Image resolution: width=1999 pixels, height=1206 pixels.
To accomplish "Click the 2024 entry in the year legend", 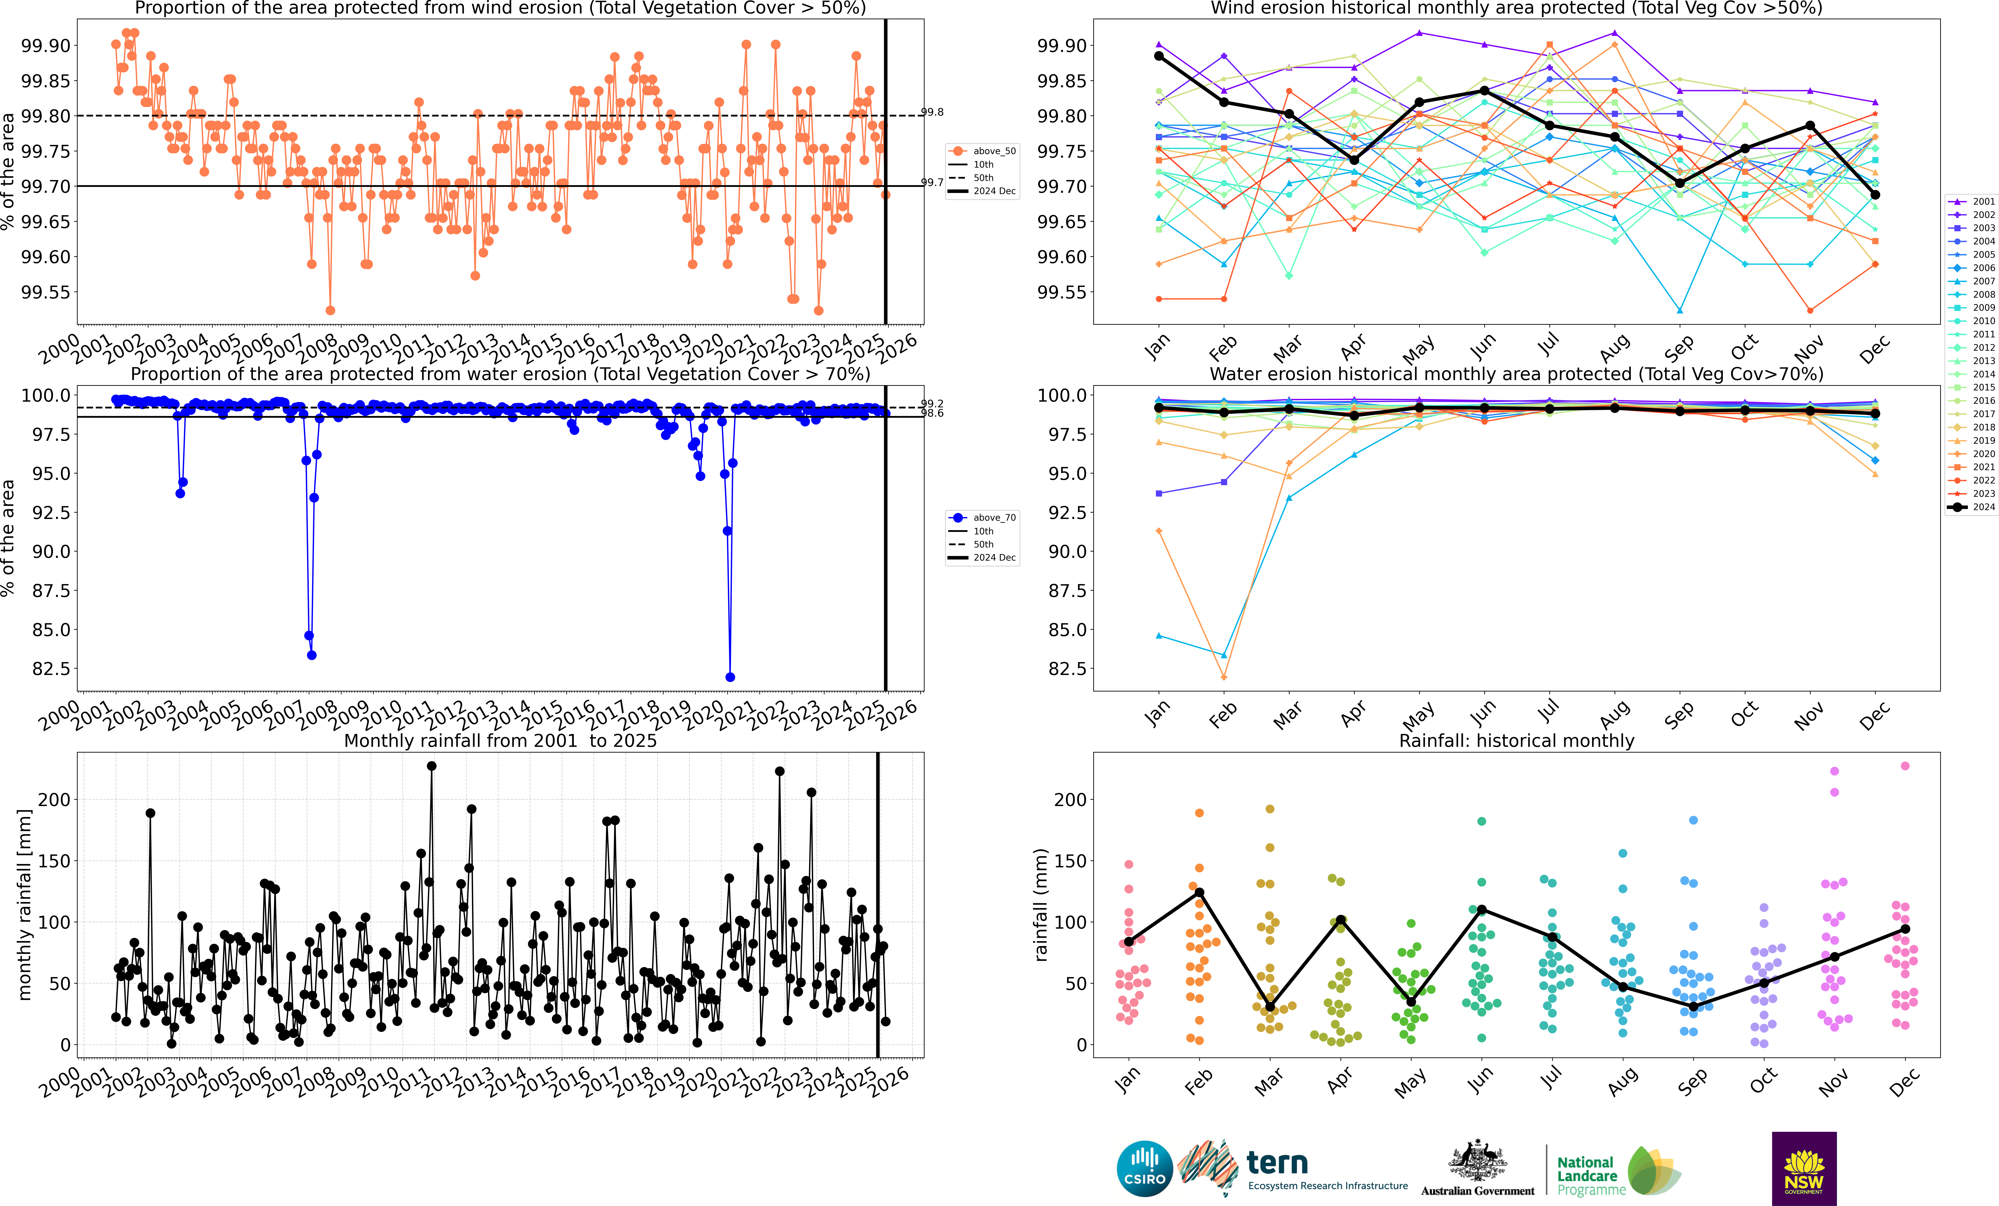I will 1976,507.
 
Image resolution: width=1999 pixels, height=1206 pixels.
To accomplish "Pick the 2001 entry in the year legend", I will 1976,201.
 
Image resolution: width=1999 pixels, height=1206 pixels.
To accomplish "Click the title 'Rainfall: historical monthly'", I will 1516,741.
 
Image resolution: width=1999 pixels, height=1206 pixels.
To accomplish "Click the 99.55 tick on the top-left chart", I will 45,292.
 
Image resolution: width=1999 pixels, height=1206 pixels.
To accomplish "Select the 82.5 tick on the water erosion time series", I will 50,668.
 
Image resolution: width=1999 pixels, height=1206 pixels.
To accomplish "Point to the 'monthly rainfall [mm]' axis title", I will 24,904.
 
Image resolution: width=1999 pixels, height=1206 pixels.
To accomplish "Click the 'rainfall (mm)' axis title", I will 1041,904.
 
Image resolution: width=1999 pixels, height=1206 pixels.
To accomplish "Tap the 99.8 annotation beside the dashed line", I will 932,112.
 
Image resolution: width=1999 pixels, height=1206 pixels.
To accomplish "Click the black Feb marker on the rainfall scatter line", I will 1199,892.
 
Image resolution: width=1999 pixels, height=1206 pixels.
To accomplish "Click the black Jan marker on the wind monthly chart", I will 1158,56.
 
